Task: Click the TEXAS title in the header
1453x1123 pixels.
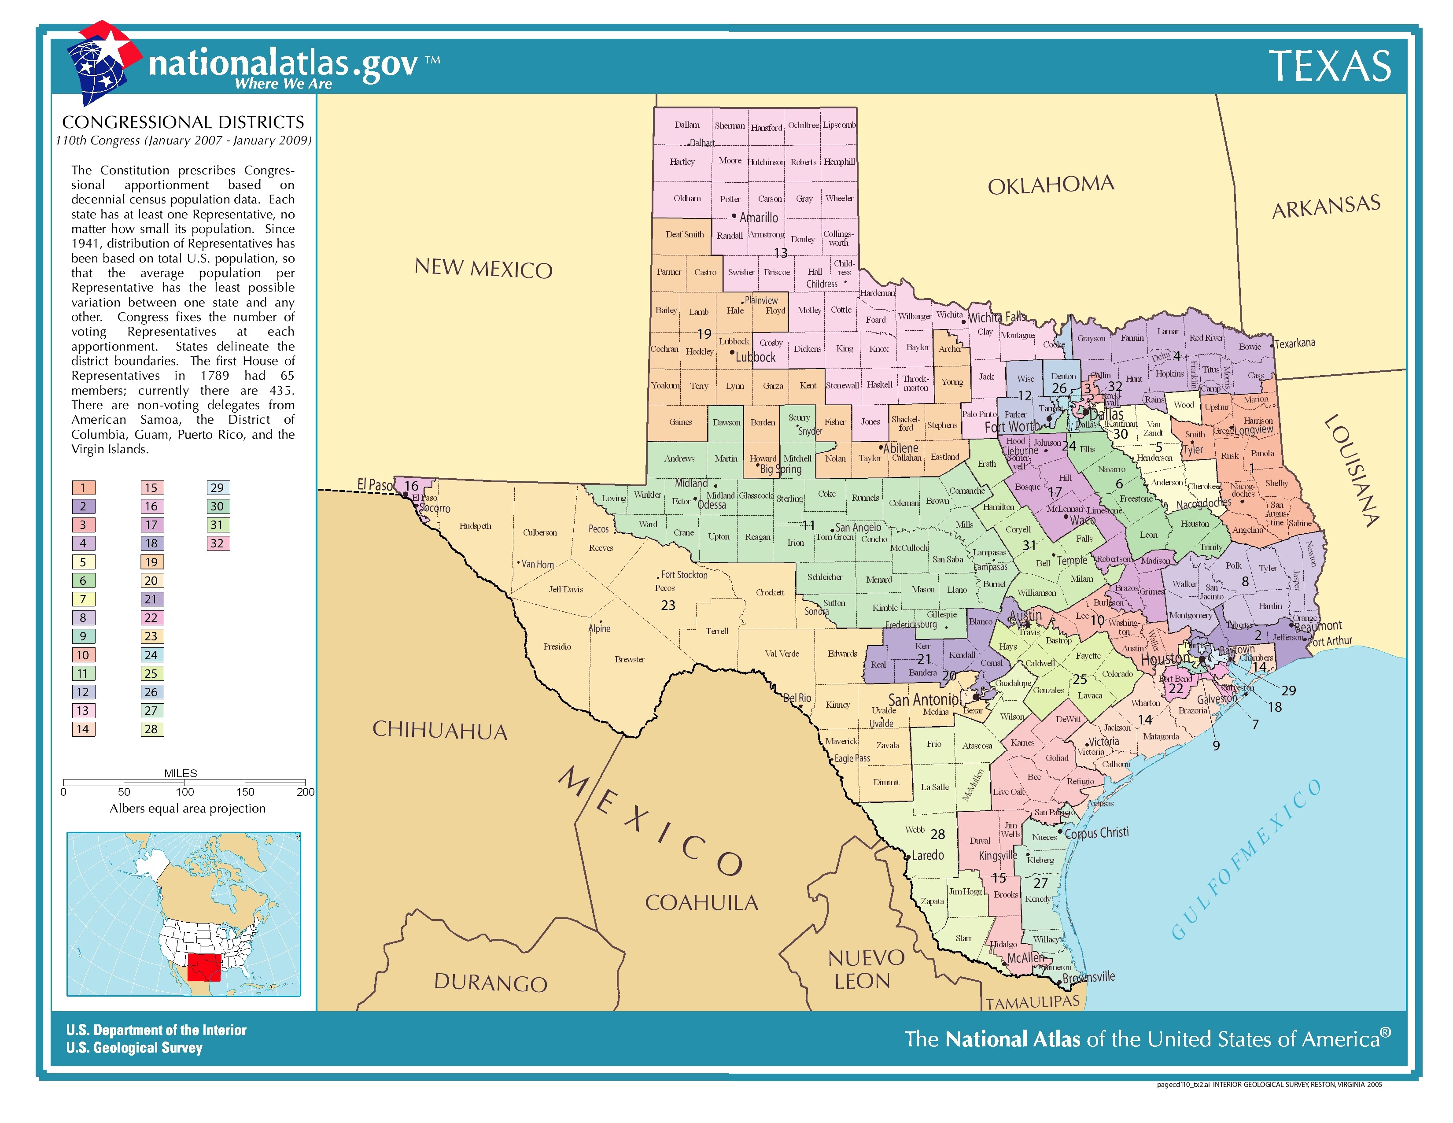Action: pos(1329,66)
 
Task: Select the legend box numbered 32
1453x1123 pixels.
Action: pos(217,543)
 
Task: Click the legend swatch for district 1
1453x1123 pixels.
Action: pos(83,488)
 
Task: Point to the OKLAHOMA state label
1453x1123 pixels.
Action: pos(1051,185)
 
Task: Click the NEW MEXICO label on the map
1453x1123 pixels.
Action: pos(483,268)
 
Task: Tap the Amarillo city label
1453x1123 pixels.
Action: pos(759,218)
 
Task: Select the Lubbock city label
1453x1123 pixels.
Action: pos(755,357)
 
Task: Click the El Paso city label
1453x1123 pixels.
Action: pos(375,484)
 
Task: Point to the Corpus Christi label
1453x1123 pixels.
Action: pos(1096,833)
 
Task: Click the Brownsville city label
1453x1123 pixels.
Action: pos(1088,977)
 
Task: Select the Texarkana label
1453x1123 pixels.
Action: pos(1294,344)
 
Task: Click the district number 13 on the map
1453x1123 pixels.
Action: pos(780,253)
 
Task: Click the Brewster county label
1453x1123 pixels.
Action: pos(629,659)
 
